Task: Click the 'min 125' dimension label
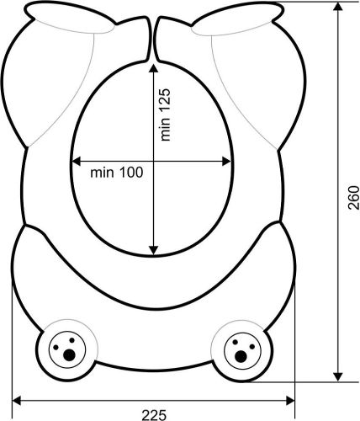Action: click(x=165, y=115)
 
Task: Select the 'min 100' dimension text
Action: click(x=117, y=173)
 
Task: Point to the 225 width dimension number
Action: click(x=154, y=415)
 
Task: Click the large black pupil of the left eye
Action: click(x=69, y=355)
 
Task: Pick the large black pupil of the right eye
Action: click(x=241, y=356)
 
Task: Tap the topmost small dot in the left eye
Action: click(x=71, y=340)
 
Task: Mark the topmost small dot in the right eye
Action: click(x=236, y=342)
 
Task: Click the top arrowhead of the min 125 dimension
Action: click(x=153, y=69)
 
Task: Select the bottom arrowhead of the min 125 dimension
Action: click(x=153, y=250)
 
